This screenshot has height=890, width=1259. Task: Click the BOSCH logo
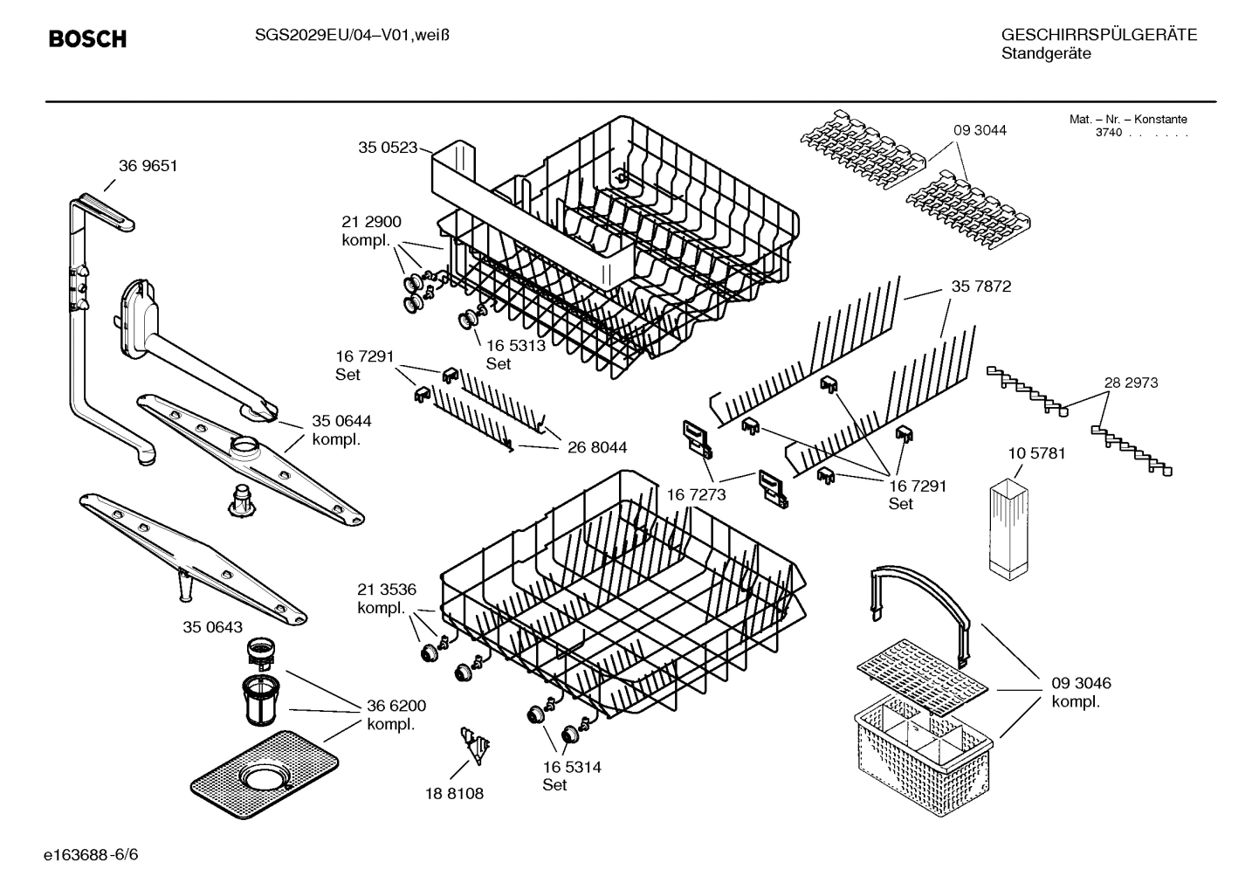tap(87, 39)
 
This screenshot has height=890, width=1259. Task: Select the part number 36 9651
tap(148, 166)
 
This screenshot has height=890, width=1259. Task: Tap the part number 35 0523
tap(387, 148)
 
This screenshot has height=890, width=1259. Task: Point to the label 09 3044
tap(979, 130)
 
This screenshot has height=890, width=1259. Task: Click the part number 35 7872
tap(981, 286)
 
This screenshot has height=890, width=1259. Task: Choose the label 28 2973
tap(1130, 383)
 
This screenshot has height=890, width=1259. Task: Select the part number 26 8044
tap(596, 448)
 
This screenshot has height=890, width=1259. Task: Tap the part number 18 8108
tap(454, 794)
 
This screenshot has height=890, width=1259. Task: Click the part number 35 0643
tap(212, 627)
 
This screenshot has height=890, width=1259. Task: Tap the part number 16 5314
tap(571, 767)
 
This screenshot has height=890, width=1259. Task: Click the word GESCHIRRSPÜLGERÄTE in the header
tap(1098, 36)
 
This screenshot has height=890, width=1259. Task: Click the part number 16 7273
tap(696, 495)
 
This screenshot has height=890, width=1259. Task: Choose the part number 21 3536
tap(386, 589)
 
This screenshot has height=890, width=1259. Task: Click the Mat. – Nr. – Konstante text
tap(1127, 120)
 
